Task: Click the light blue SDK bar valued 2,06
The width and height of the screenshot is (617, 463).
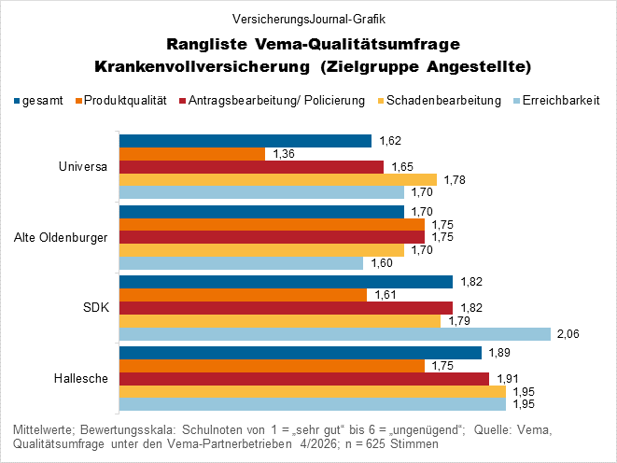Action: [334, 334]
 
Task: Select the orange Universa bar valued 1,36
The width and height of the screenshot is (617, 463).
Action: [191, 154]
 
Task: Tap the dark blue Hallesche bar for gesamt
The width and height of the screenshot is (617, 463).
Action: [300, 352]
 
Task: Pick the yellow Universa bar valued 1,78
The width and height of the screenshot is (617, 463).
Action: [277, 179]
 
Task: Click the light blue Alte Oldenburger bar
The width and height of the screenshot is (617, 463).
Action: [240, 263]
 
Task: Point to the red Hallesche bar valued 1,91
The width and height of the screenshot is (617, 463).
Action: [303, 378]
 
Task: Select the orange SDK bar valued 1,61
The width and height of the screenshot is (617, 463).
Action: [243, 295]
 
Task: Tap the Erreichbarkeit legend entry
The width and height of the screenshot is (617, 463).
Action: [561, 100]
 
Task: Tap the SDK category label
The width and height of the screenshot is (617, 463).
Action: [95, 307]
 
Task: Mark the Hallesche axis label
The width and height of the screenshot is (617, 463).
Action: [81, 378]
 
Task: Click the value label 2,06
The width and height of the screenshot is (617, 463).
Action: [568, 334]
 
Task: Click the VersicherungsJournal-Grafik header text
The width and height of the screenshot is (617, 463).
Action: [308, 18]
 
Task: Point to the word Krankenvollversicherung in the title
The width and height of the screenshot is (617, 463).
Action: [200, 66]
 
